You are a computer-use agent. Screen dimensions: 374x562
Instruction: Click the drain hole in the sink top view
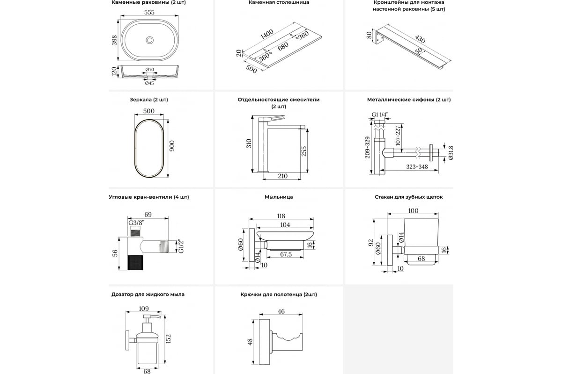(149, 40)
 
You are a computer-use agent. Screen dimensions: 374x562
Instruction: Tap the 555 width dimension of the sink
(149, 13)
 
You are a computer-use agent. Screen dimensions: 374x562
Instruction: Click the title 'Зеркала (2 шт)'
(149, 100)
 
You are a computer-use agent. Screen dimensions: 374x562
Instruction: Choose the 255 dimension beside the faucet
(304, 151)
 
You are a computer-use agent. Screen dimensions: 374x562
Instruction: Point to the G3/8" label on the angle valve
(136, 223)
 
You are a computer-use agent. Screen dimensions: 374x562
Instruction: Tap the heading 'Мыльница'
(279, 197)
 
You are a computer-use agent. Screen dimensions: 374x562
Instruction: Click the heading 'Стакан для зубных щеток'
(409, 197)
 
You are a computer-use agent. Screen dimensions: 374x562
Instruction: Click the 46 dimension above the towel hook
(281, 311)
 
